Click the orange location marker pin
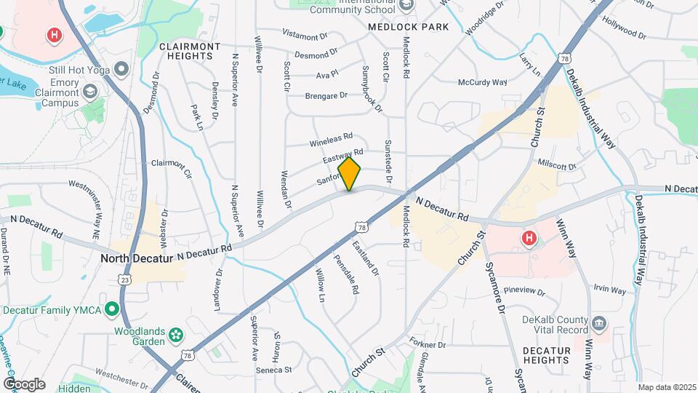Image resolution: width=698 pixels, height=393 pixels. pyautogui.click(x=350, y=173)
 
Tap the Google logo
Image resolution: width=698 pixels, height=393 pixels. pyautogui.click(x=24, y=384)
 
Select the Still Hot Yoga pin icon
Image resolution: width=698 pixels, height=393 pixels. pyautogui.click(x=121, y=70)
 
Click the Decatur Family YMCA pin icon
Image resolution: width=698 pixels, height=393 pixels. pyautogui.click(x=111, y=310)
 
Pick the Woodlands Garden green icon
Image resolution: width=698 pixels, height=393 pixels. pyautogui.click(x=175, y=335)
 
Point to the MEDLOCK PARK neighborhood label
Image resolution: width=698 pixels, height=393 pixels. pyautogui.click(x=408, y=27)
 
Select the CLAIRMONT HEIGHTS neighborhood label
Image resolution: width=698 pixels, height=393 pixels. pyautogui.click(x=189, y=52)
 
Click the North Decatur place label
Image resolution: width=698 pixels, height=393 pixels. pyautogui.click(x=136, y=258)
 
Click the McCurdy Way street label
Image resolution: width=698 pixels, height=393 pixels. pyautogui.click(x=482, y=82)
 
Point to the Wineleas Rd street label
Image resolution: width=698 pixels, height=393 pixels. pyautogui.click(x=331, y=136)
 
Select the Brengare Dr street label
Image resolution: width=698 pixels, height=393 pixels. pyautogui.click(x=326, y=95)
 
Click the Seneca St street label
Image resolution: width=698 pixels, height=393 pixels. pyautogui.click(x=273, y=370)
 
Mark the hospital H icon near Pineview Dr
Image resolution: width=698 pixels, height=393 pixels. pyautogui.click(x=529, y=238)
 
